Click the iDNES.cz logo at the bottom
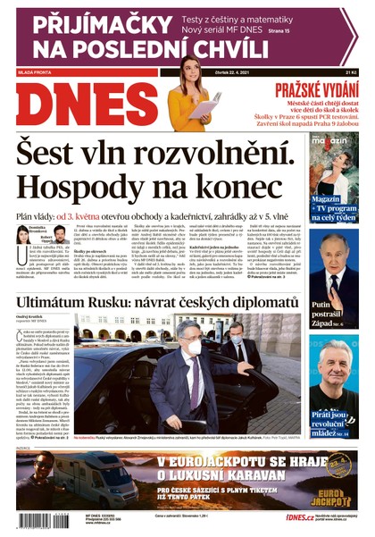(x=299, y=517)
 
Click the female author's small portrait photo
(x=22, y=235)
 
